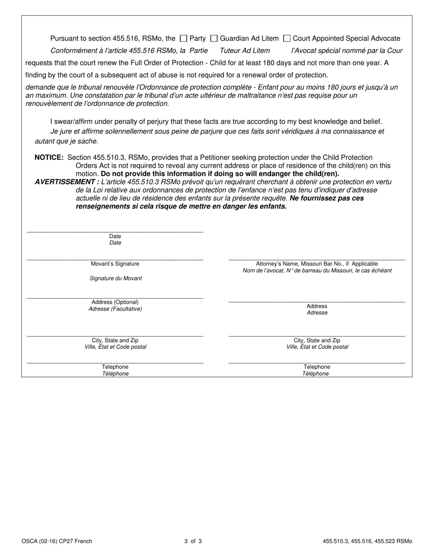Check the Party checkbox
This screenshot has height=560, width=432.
pyautogui.click(x=184, y=39)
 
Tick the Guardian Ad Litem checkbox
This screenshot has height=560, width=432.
pyautogui.click(x=214, y=39)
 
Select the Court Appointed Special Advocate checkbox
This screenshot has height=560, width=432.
pyautogui.click(x=287, y=39)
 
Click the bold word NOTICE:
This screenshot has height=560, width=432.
pyautogui.click(x=49, y=158)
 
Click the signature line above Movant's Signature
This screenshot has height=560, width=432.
pyautogui.click(x=115, y=259)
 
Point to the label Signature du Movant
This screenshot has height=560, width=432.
pyautogui.click(x=116, y=279)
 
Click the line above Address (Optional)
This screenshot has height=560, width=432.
pyautogui.click(x=115, y=297)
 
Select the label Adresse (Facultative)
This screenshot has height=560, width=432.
pyautogui.click(x=115, y=309)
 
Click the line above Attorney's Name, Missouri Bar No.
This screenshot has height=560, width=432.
pyautogui.click(x=316, y=259)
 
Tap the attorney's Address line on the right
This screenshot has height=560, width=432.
pyautogui.click(x=316, y=301)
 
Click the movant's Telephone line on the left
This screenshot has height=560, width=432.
pyautogui.click(x=115, y=362)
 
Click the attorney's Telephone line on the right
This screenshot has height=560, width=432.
pyautogui.click(x=316, y=362)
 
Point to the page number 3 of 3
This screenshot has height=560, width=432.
pyautogui.click(x=193, y=541)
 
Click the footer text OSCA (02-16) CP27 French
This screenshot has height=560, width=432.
pyautogui.click(x=57, y=541)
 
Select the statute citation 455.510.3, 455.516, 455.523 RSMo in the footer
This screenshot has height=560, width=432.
pyautogui.click(x=367, y=541)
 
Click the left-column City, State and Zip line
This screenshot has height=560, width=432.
pyautogui.click(x=115, y=336)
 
